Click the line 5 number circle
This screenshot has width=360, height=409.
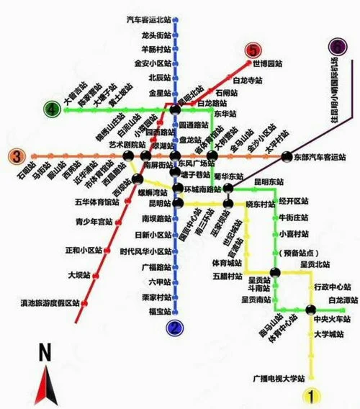pos(253,50)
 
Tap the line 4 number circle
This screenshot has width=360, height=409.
pos(52,110)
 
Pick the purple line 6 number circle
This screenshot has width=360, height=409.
pos(338,47)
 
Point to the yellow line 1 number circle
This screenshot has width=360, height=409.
pos(311,395)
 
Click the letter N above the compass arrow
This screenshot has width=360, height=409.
pos(45,352)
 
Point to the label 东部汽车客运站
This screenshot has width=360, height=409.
pos(322,156)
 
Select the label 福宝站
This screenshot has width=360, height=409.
pos(158,311)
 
